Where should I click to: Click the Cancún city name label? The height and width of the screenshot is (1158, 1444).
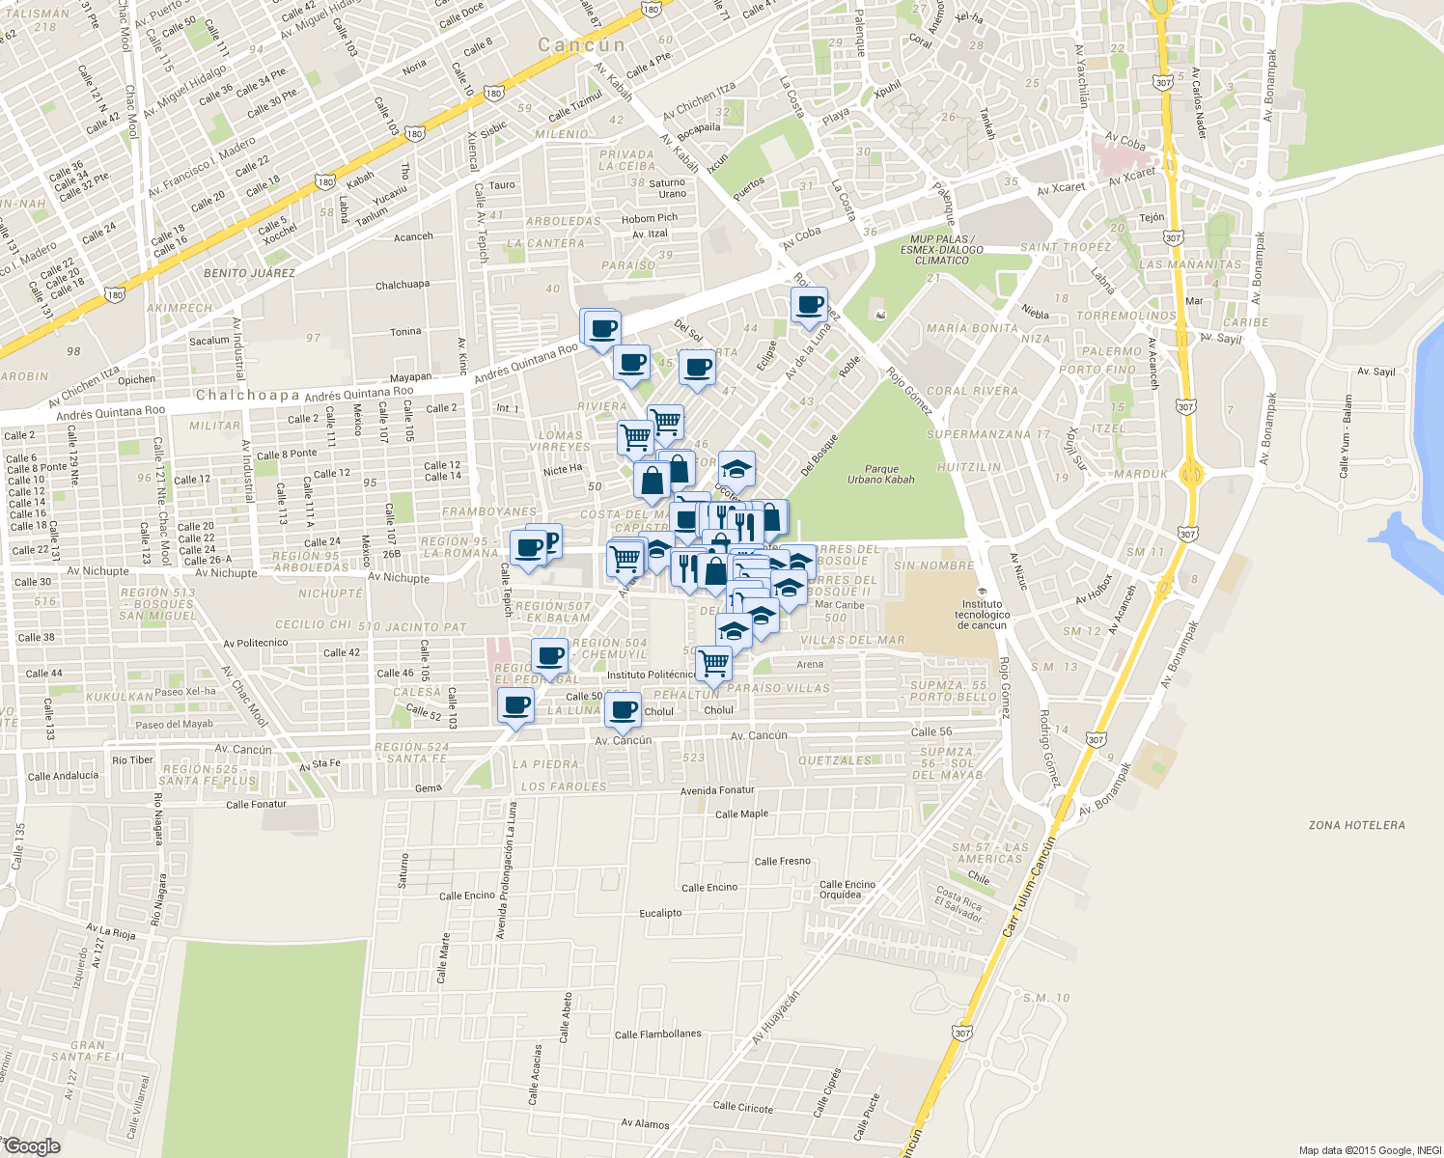(x=581, y=45)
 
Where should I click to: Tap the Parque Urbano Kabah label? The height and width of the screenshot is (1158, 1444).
(x=880, y=474)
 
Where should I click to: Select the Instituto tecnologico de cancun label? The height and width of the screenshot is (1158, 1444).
(x=983, y=615)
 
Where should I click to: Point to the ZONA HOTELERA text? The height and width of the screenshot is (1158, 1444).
(x=1356, y=825)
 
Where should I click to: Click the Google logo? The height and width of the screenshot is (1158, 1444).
(x=32, y=1146)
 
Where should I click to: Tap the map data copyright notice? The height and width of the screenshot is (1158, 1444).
(x=1369, y=1150)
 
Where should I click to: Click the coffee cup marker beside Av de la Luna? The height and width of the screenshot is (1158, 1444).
(x=809, y=306)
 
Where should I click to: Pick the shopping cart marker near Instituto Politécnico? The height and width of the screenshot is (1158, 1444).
(x=713, y=664)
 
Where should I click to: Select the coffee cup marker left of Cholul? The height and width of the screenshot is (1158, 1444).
(x=624, y=710)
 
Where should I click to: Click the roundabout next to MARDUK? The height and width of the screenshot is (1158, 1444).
(x=1190, y=474)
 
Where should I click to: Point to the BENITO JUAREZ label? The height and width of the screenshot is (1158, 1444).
(x=249, y=273)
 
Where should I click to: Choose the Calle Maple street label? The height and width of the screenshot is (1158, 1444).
(x=741, y=813)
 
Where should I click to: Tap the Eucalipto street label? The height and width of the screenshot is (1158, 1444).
(x=660, y=913)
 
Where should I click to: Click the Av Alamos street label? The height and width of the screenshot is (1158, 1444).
(x=645, y=1123)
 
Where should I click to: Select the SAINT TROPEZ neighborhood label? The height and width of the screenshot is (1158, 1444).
(x=1066, y=247)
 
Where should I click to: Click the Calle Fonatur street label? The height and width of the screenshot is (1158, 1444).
(x=256, y=804)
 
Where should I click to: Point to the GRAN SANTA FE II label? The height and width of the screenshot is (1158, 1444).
(x=88, y=1051)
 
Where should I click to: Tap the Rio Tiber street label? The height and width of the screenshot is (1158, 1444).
(x=132, y=759)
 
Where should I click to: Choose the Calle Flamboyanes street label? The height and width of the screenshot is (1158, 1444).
(x=657, y=1034)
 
